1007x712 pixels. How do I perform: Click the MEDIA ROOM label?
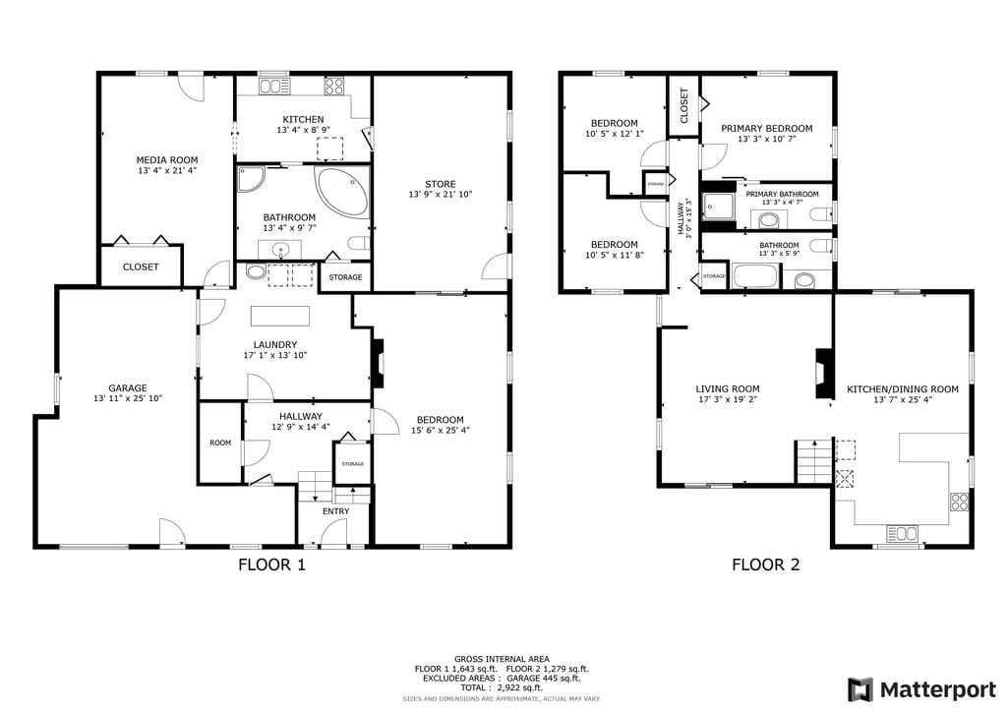tap(167, 160)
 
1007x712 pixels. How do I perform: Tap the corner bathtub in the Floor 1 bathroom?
tap(342, 193)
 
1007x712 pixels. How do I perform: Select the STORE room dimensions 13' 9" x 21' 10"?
tap(440, 194)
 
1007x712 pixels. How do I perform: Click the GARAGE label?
tap(128, 387)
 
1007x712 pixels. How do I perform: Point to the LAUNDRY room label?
tap(275, 344)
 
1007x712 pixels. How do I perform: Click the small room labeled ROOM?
tap(220, 443)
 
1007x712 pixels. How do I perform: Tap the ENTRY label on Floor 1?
tap(336, 511)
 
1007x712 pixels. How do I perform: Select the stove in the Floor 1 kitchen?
tap(334, 86)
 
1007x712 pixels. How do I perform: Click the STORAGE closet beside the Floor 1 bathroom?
tap(345, 276)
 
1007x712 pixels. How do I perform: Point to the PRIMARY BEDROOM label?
tap(766, 129)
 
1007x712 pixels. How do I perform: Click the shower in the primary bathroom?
tap(717, 206)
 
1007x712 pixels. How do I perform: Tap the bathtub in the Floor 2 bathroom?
tap(754, 276)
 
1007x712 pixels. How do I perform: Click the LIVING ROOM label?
tap(728, 388)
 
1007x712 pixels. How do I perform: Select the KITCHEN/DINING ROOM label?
tap(903, 389)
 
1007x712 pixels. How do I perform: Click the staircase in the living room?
tap(814, 461)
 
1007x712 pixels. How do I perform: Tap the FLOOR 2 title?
tap(765, 564)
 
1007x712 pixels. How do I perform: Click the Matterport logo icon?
tap(859, 689)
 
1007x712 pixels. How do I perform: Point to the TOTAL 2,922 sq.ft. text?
tap(502, 687)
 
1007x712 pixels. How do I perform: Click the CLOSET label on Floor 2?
tap(684, 105)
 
